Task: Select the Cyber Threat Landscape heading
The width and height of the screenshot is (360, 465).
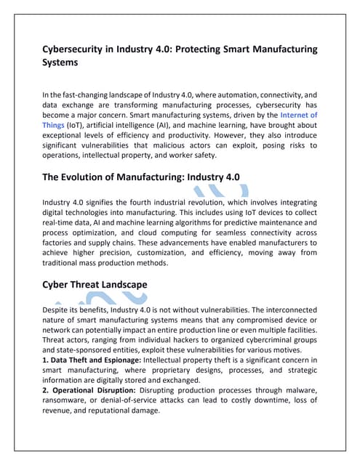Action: click(x=95, y=284)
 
